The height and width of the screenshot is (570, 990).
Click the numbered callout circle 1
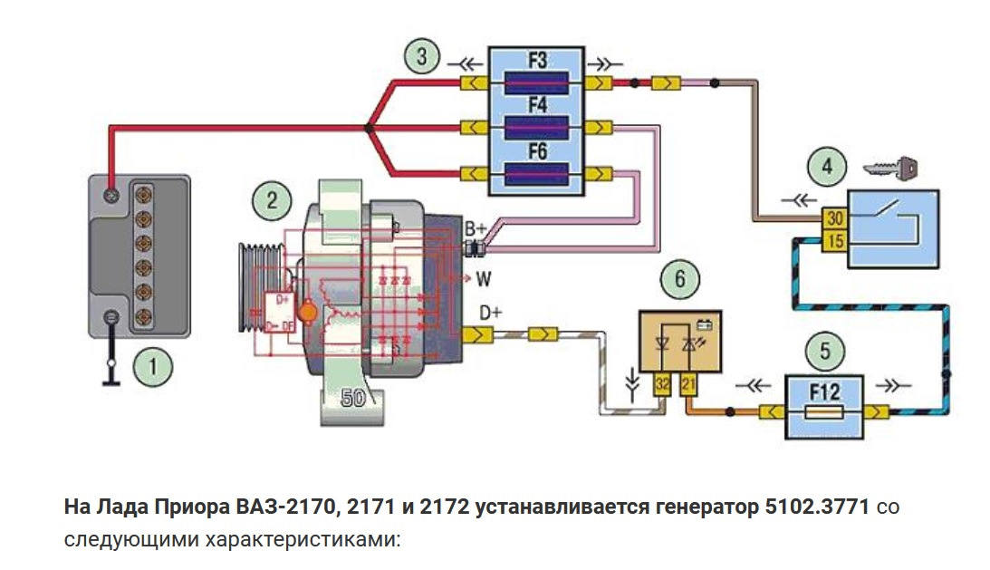[x=152, y=368]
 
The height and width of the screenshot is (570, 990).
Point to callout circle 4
[x=826, y=167]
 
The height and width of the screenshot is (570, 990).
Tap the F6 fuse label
[x=537, y=153]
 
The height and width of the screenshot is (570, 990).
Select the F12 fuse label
[x=825, y=392]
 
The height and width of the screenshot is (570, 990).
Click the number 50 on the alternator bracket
[x=354, y=396]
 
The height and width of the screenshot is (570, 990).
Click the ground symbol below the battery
[x=111, y=372]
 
